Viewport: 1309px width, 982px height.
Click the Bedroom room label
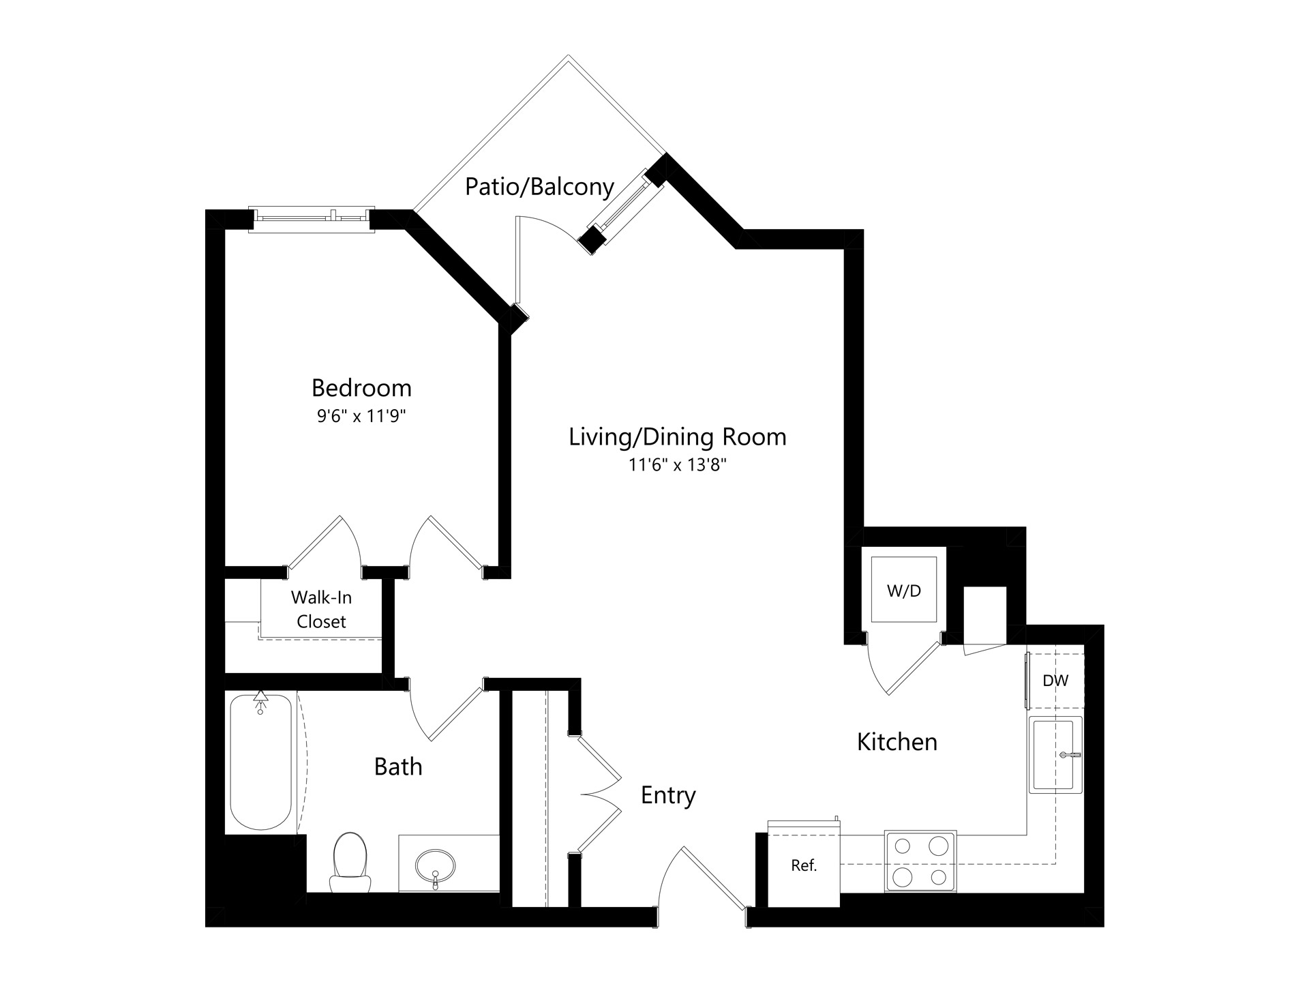[361, 388]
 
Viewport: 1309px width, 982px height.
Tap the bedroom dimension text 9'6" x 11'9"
[361, 416]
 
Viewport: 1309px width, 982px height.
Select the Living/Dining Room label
[678, 437]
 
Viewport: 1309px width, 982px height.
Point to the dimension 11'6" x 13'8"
[678, 466]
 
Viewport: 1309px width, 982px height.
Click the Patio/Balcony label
[539, 187]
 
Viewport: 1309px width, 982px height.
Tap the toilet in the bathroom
[350, 862]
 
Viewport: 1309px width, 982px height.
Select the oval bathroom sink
[436, 866]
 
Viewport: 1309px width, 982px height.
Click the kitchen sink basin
[1055, 755]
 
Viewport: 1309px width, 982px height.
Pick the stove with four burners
[920, 861]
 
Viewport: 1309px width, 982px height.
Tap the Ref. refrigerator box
[804, 865]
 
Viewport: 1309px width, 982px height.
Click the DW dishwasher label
[1055, 680]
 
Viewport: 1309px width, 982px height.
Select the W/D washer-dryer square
[904, 590]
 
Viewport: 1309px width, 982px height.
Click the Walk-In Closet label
[321, 610]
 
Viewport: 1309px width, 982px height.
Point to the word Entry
[668, 795]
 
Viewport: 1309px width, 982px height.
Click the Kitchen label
[897, 742]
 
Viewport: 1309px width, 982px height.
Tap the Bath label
[398, 767]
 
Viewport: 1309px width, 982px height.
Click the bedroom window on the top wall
[312, 218]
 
